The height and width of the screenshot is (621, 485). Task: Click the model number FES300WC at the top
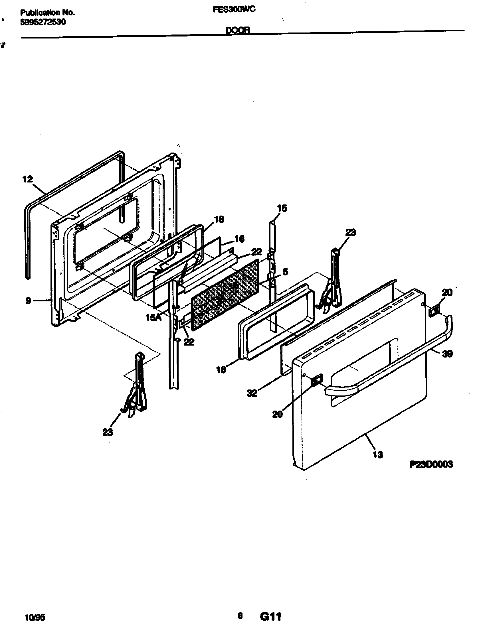click(234, 10)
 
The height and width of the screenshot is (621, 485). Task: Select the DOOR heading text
click(238, 30)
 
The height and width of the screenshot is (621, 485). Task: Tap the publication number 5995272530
click(43, 22)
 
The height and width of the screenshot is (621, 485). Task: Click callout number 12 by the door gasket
click(28, 179)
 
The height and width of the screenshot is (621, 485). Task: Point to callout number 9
click(28, 301)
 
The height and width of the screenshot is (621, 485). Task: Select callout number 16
click(239, 239)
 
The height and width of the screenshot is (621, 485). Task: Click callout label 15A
click(153, 317)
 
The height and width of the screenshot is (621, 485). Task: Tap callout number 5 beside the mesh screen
click(285, 272)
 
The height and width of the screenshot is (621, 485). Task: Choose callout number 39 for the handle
click(447, 354)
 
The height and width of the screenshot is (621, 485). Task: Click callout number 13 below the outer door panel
click(377, 454)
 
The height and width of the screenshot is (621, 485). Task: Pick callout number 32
click(252, 393)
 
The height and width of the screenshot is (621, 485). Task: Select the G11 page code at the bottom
click(270, 615)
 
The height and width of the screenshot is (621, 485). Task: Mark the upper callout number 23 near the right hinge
click(351, 232)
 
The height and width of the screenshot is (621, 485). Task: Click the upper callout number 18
click(219, 219)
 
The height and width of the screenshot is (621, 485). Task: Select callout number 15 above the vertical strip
click(282, 208)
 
